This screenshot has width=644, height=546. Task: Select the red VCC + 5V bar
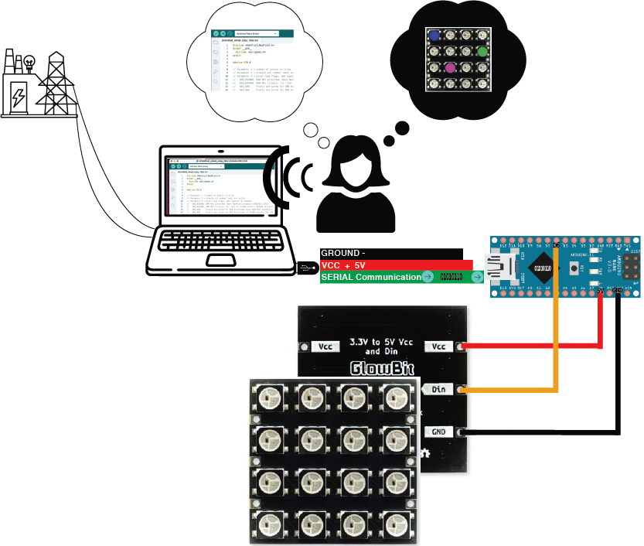[394, 265]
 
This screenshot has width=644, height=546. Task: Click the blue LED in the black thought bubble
[434, 36]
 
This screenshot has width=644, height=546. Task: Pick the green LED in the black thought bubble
[482, 52]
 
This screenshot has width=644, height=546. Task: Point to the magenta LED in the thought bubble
[451, 68]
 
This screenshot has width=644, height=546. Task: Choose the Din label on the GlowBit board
[438, 389]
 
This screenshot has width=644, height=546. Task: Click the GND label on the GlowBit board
[438, 432]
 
